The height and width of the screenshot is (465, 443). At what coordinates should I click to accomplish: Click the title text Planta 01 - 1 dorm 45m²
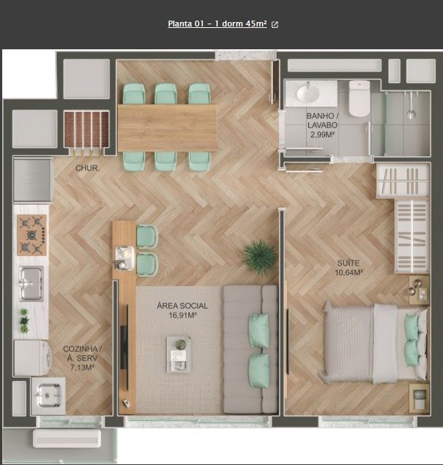(x=217, y=24)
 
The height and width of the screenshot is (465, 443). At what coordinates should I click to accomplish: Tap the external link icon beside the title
(x=275, y=24)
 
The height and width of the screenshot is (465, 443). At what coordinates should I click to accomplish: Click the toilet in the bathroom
(x=359, y=99)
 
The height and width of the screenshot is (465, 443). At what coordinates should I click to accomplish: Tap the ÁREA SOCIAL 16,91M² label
(x=182, y=310)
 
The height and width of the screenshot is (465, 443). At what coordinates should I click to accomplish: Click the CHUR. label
(x=88, y=168)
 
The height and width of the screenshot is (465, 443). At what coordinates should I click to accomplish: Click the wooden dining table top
(x=167, y=127)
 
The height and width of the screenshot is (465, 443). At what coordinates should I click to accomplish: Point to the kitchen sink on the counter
(x=31, y=283)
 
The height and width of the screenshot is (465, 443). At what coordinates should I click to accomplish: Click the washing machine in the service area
(x=31, y=357)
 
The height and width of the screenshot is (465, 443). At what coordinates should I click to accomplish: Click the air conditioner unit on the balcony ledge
(x=66, y=438)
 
